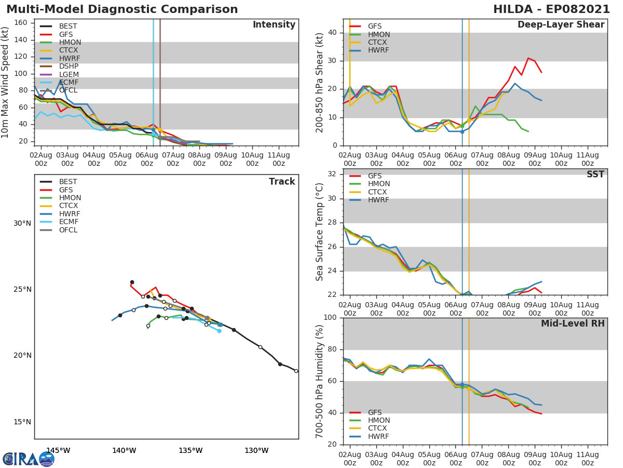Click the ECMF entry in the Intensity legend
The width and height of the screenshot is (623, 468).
point(67,82)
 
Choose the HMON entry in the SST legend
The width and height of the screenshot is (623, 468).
point(378,184)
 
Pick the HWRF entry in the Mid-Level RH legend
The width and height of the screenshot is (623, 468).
point(378,436)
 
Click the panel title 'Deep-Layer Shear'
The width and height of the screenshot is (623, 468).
point(561,25)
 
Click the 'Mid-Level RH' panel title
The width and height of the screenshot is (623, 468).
point(573,323)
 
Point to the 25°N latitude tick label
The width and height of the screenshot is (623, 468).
point(22,290)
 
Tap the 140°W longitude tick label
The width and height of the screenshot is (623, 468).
point(124,450)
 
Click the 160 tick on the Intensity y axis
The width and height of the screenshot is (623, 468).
point(21,23)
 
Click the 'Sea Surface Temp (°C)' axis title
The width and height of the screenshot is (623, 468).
point(320,231)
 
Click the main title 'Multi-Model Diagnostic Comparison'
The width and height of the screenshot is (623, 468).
point(122,9)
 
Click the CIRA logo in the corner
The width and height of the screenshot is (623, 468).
point(29,459)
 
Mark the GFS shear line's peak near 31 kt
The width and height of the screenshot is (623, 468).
point(529,58)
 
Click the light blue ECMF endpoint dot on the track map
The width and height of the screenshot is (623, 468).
point(219,331)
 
